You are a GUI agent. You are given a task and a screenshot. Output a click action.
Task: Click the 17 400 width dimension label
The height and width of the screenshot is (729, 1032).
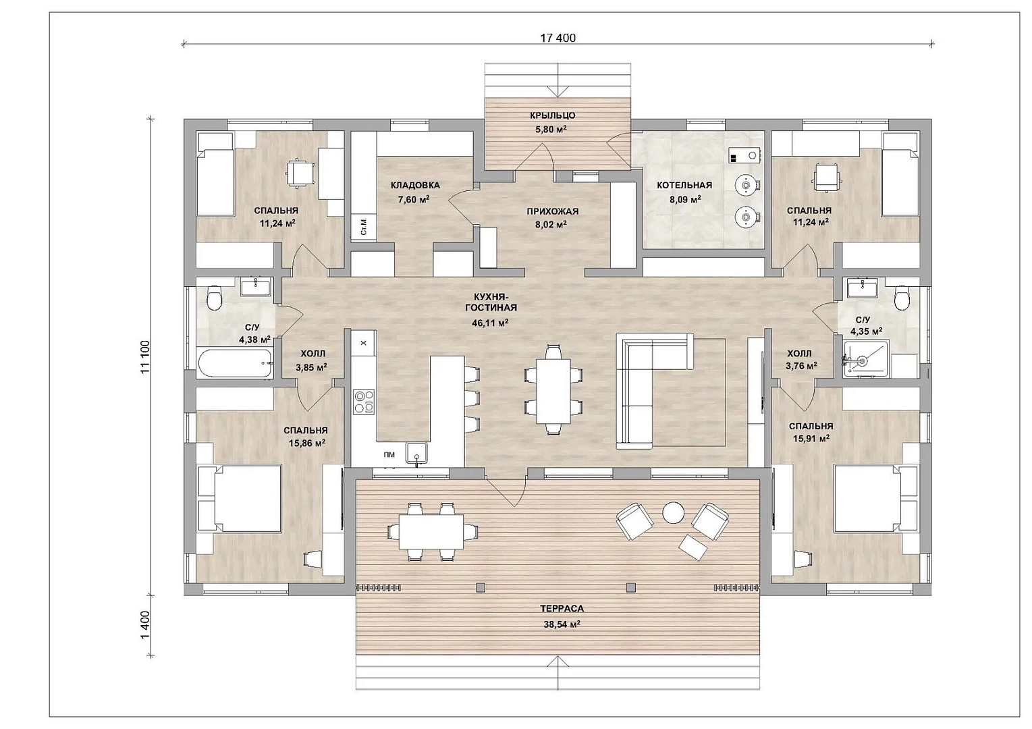[558, 38]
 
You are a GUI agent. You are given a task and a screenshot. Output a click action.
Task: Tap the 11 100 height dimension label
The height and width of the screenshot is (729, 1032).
[146, 357]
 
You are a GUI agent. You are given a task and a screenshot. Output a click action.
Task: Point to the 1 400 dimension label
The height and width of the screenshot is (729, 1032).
[146, 625]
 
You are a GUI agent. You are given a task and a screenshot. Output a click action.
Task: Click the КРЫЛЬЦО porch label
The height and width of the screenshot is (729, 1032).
[552, 115]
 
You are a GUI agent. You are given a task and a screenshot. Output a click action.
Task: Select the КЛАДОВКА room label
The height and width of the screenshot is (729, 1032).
[415, 185]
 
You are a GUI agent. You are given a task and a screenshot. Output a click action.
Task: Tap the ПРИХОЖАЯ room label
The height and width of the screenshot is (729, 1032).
[552, 211]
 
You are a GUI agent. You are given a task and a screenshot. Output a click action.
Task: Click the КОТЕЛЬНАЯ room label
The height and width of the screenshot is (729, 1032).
[684, 185]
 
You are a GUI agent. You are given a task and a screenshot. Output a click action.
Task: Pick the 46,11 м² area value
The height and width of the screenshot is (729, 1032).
[490, 323]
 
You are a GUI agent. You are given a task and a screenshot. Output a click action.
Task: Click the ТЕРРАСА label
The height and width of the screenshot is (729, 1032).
[562, 608]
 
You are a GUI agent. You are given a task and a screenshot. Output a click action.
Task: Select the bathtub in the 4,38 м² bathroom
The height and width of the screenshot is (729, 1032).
[235, 364]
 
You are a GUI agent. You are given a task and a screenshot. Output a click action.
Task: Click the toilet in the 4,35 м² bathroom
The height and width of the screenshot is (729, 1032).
[901, 297]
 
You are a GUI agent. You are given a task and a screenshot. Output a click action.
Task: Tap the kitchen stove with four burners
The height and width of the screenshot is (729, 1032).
[364, 402]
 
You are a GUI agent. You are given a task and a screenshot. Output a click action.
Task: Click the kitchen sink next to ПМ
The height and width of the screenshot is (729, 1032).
[416, 453]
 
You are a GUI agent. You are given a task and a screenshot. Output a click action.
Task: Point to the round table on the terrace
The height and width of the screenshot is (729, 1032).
[674, 512]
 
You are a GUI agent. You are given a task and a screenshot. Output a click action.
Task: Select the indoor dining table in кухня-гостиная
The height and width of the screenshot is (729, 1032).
[553, 391]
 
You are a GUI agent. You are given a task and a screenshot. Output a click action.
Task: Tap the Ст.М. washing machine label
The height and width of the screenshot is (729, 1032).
[364, 227]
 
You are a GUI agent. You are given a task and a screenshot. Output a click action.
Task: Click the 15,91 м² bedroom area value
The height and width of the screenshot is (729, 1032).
[811, 438]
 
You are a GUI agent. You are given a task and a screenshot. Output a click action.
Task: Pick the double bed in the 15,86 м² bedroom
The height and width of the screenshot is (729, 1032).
[240, 498]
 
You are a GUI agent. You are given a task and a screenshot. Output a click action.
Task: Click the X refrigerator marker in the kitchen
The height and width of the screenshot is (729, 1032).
[364, 343]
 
